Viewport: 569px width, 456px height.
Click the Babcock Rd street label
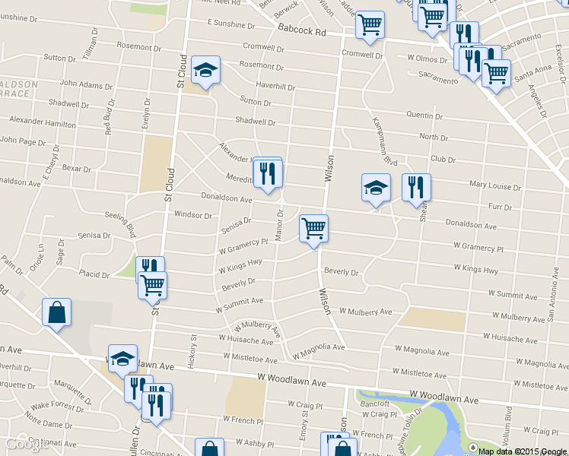pyautogui.click(x=301, y=32)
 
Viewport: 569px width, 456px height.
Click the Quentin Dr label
pyautogui.click(x=424, y=116)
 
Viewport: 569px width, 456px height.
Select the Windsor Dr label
pyautogui.click(x=193, y=215)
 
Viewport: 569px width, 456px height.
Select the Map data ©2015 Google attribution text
pyautogui.click(x=522, y=451)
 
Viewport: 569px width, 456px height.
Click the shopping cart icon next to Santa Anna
pyautogui.click(x=496, y=74)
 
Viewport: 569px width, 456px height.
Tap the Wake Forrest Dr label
pyautogui.click(x=57, y=407)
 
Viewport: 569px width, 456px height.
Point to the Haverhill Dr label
pyautogui.click(x=275, y=85)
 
